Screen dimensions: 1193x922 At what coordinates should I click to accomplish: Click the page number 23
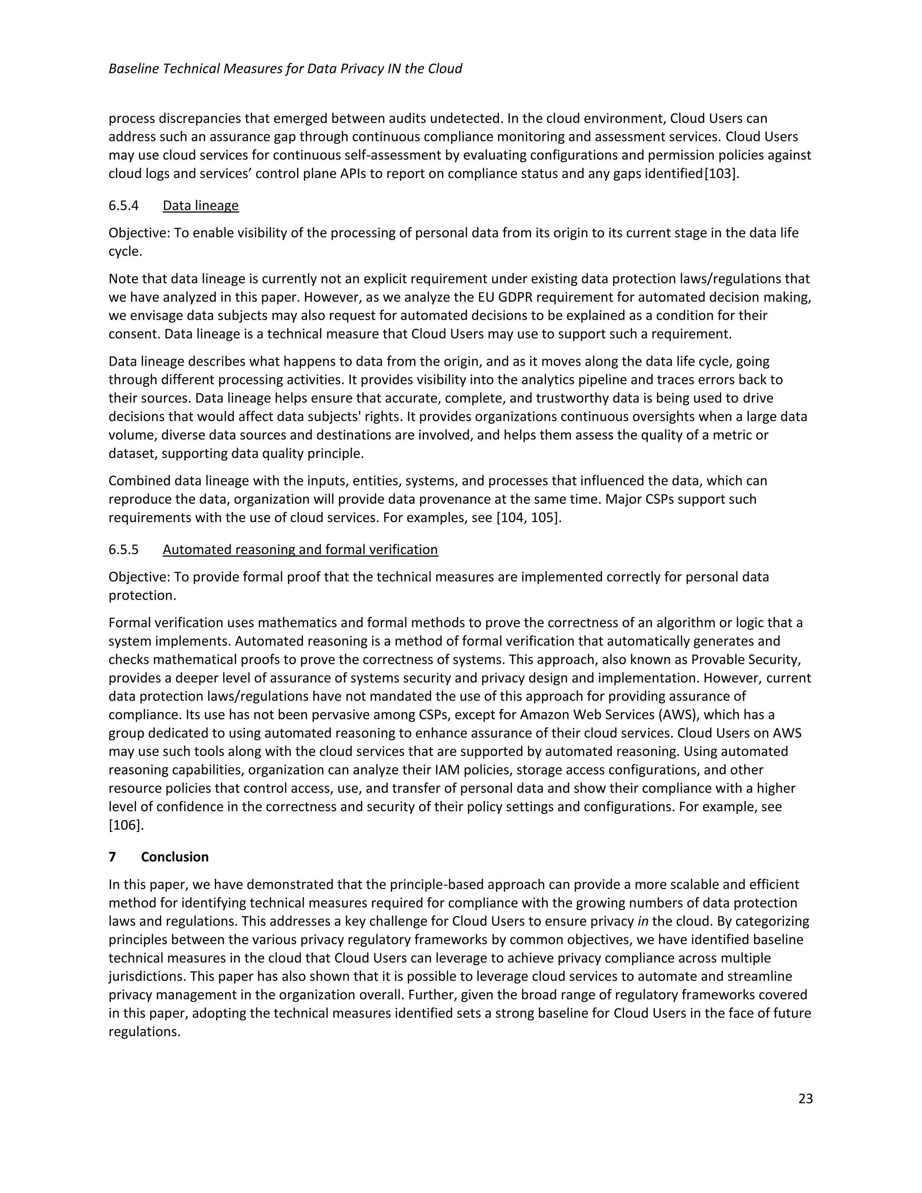click(805, 1098)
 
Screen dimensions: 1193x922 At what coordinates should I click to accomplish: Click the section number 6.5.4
click(123, 205)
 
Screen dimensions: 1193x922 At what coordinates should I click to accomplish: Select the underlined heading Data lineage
click(200, 205)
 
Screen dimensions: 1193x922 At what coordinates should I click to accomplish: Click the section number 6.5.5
click(123, 550)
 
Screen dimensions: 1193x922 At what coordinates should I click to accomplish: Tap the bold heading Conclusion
click(175, 857)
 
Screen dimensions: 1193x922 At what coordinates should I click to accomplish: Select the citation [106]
click(126, 825)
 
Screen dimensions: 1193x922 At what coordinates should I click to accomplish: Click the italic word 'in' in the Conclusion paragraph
click(643, 921)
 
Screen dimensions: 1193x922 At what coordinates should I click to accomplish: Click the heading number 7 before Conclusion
click(113, 857)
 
